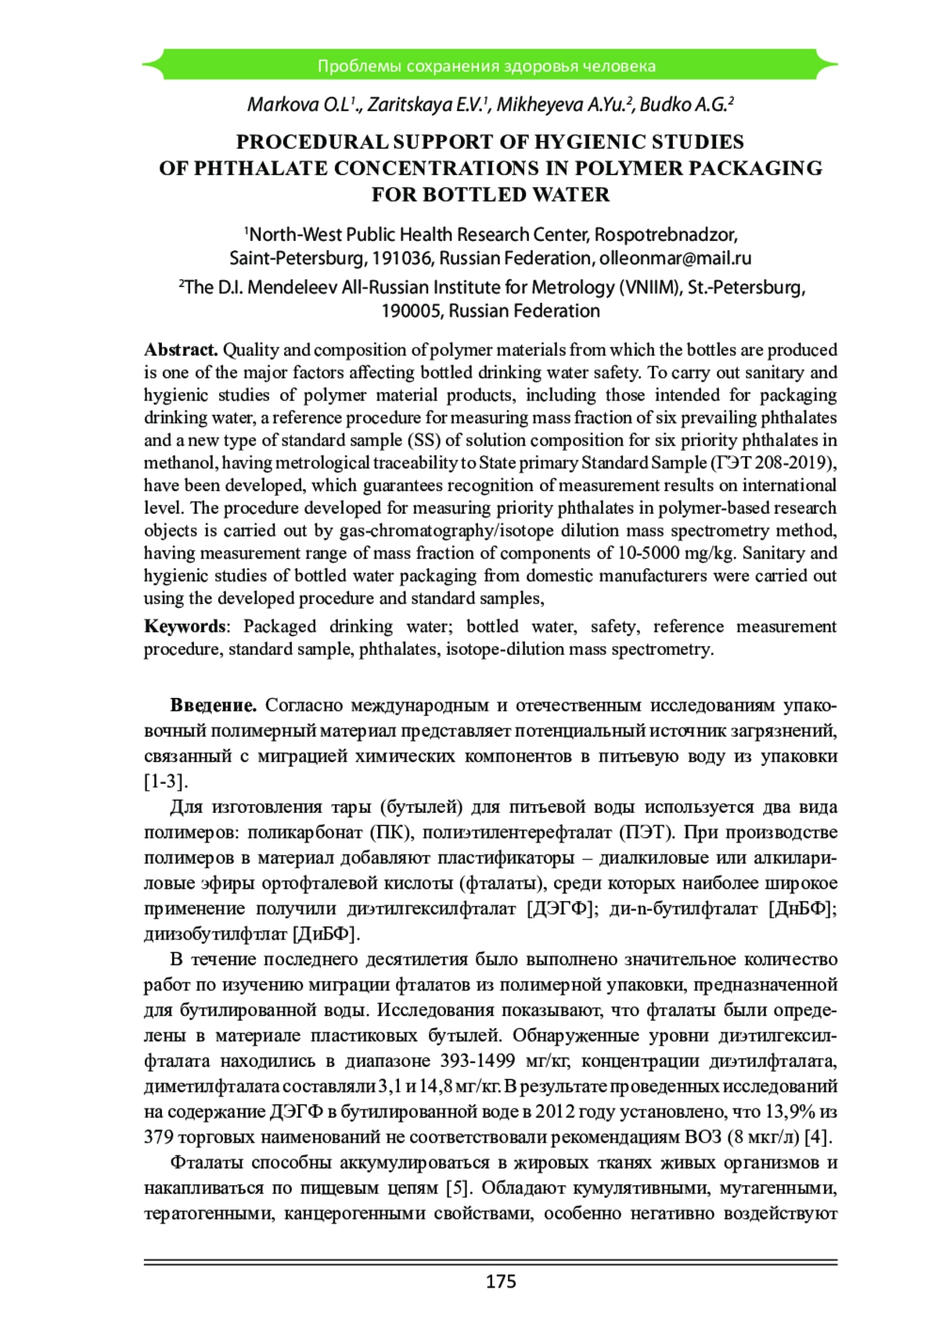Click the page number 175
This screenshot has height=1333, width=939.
(501, 1281)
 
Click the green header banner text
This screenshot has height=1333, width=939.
(486, 66)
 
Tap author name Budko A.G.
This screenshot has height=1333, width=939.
(685, 105)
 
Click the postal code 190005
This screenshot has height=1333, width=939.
(412, 311)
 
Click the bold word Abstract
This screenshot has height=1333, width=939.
(181, 350)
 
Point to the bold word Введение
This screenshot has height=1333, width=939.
(213, 706)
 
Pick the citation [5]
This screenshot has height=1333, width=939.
(458, 1187)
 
